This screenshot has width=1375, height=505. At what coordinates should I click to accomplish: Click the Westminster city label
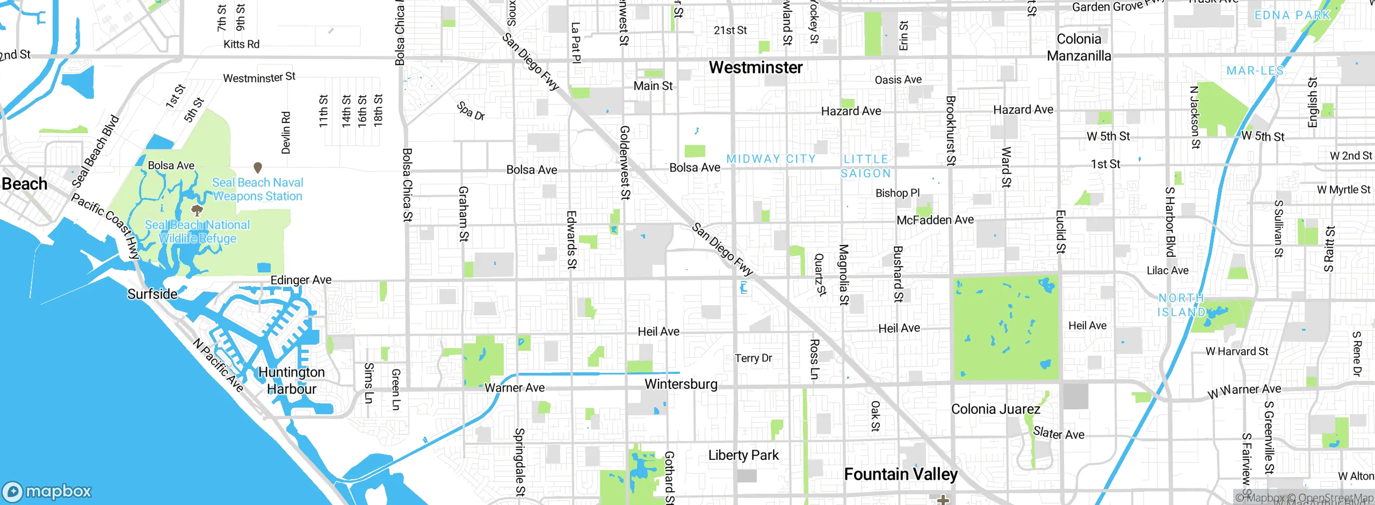[x=756, y=68]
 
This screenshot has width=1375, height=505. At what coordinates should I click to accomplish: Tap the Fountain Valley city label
[x=901, y=474]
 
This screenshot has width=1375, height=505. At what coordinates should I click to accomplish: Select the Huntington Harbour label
[x=292, y=380]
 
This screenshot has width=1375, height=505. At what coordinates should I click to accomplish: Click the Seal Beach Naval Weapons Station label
[x=258, y=190]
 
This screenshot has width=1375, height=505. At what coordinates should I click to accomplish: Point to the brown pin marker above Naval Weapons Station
[x=258, y=168]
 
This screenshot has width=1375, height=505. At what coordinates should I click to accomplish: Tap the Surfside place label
[x=153, y=294]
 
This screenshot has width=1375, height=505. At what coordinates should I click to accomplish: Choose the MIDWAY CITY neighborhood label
[x=771, y=159]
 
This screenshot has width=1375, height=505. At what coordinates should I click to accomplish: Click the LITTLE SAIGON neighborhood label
[x=866, y=166]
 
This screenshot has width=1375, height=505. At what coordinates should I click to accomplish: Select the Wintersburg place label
[x=681, y=384]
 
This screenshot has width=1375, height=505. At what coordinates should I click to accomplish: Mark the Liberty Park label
[x=743, y=456]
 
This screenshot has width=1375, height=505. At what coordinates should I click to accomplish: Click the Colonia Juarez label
[x=995, y=409]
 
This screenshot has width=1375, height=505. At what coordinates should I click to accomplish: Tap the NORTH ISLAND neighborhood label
[x=1181, y=305]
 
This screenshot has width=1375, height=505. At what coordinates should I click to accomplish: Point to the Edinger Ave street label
[x=301, y=280]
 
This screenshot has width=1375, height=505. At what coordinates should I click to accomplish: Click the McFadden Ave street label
[x=935, y=220]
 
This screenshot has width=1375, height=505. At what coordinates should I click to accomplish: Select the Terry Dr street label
[x=753, y=358]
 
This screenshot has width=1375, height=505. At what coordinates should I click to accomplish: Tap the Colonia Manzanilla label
[x=1079, y=47]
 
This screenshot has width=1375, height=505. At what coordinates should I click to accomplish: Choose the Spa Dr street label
[x=471, y=111]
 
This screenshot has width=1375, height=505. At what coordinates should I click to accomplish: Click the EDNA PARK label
[x=1292, y=15]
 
